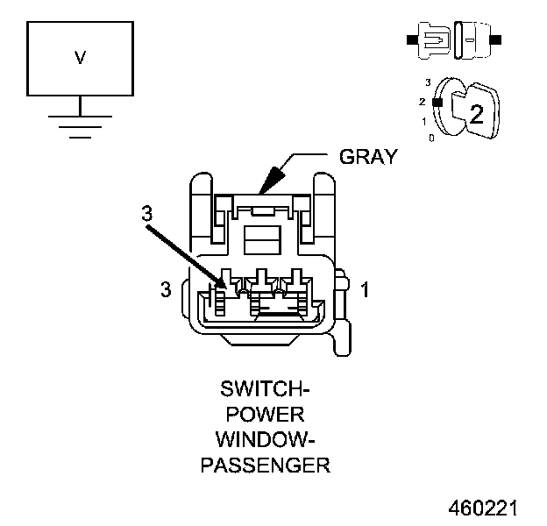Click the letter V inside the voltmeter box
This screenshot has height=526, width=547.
80,59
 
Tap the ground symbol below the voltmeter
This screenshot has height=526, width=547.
80,127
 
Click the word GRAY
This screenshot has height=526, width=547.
368,157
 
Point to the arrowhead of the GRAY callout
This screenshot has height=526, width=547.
266,187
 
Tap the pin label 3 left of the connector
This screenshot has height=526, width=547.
166,290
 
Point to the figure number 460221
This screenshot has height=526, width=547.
483,508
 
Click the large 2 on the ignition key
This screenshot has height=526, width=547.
476,113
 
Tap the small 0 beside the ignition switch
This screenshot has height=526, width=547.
430,139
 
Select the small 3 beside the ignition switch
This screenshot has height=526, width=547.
427,82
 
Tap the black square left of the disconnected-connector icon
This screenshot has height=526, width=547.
409,39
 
